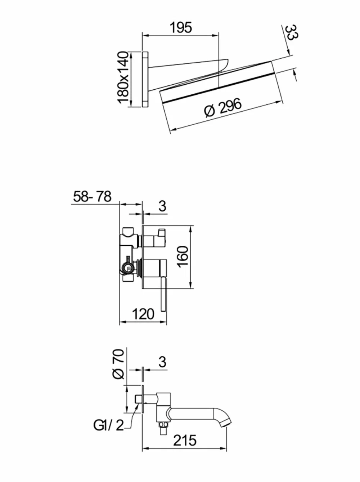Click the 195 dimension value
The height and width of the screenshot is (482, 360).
(x=181, y=28)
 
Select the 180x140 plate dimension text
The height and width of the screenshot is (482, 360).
(x=123, y=77)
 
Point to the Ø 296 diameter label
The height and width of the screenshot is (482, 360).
(x=223, y=107)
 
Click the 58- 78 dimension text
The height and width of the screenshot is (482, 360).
(x=93, y=197)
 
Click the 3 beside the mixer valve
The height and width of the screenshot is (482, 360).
(x=162, y=206)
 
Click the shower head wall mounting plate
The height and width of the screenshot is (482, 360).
(x=145, y=79)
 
